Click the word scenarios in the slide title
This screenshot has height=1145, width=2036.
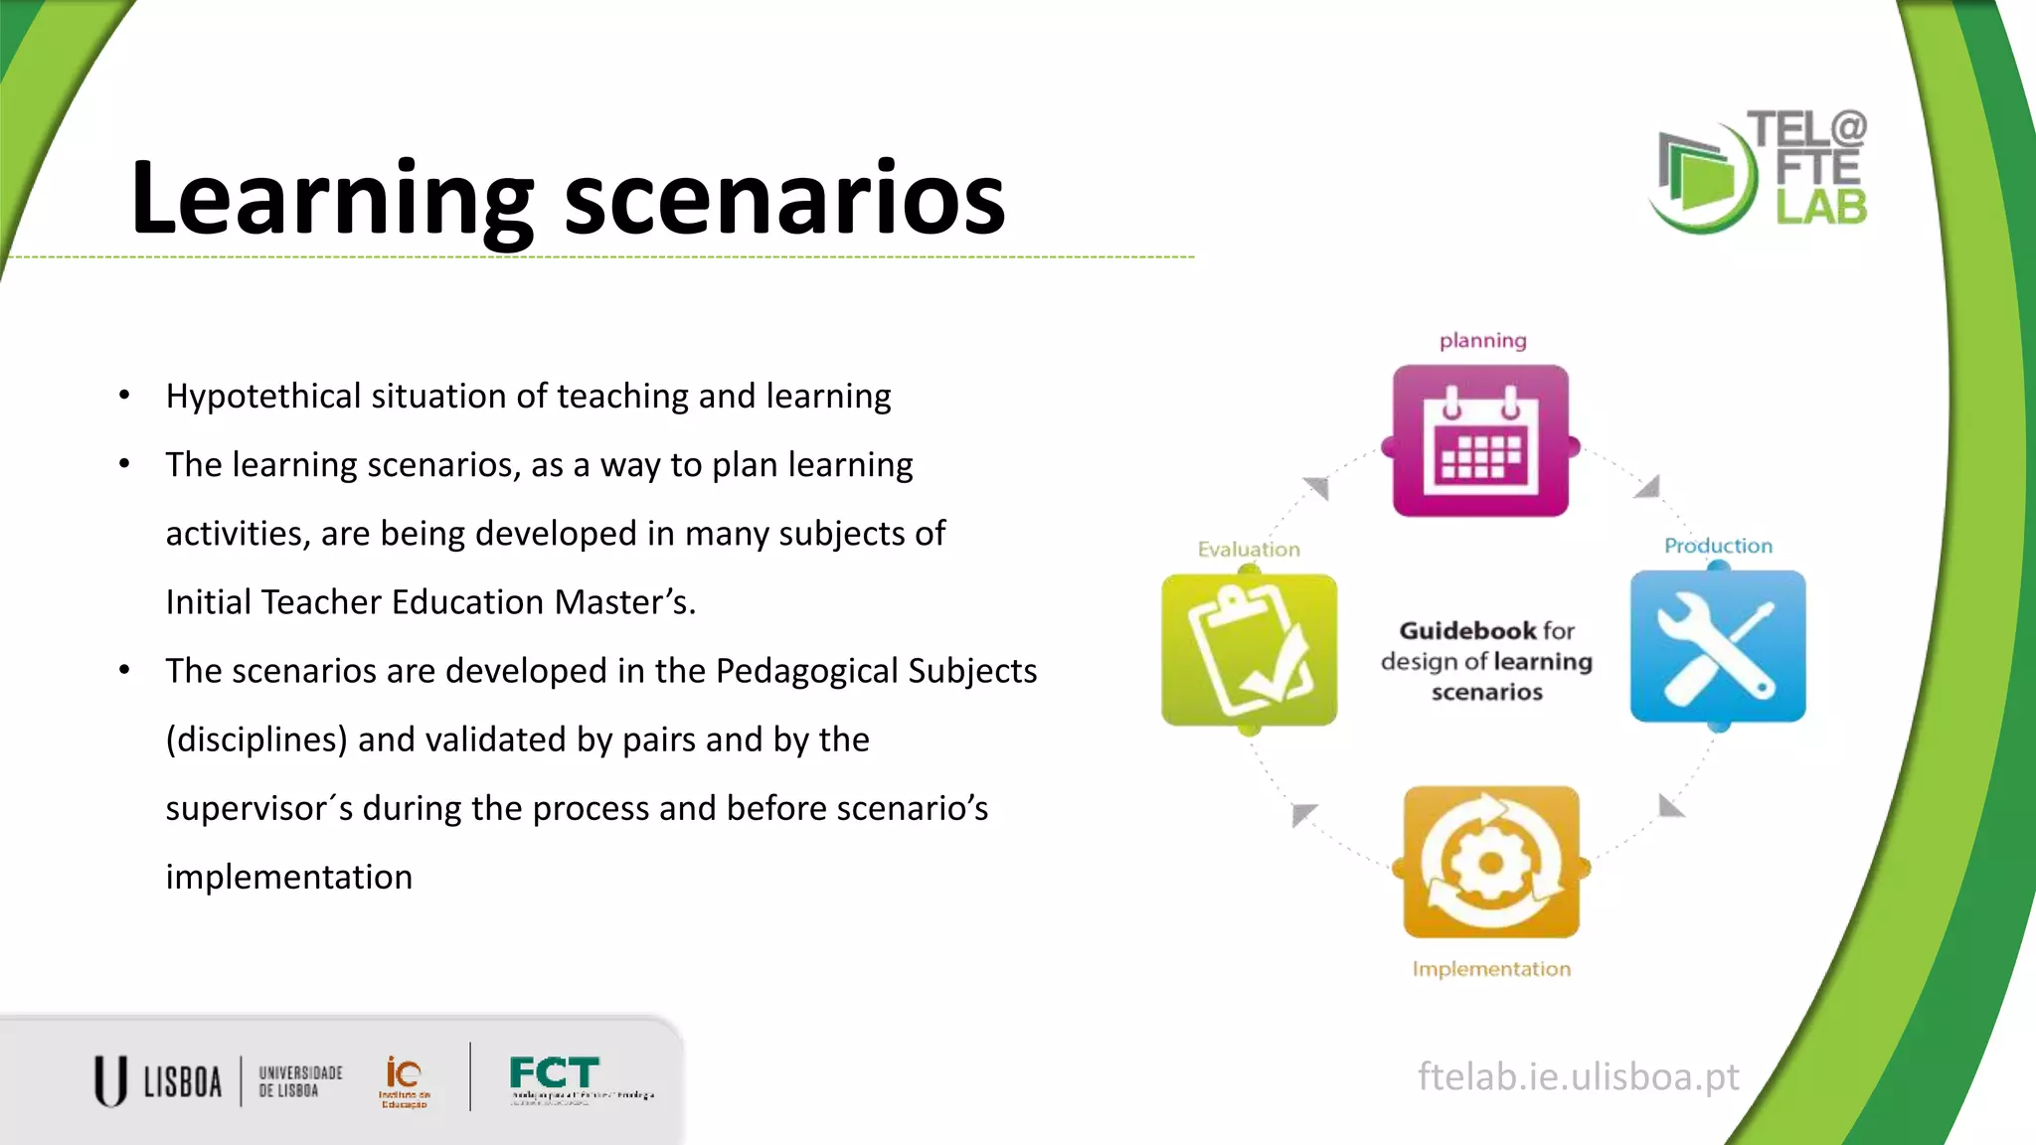tap(784, 199)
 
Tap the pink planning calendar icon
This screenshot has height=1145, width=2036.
tap(1480, 441)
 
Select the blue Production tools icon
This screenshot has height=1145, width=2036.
tap(1718, 646)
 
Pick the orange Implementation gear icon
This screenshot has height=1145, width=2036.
tap(1491, 862)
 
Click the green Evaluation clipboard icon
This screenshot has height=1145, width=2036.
tap(1249, 650)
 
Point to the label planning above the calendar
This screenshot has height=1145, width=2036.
tap(1482, 341)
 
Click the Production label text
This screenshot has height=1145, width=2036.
tap(1718, 546)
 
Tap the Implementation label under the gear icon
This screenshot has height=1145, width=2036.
tap(1491, 969)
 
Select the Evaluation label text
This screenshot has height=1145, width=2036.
tap(1249, 550)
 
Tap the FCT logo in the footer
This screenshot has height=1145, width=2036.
tap(555, 1075)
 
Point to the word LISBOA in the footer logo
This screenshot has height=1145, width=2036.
tap(183, 1081)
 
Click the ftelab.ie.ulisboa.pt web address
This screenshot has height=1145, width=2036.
tap(1578, 1076)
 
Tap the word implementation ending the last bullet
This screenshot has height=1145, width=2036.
tap(289, 878)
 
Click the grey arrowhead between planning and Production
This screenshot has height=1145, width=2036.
tap(1647, 486)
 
